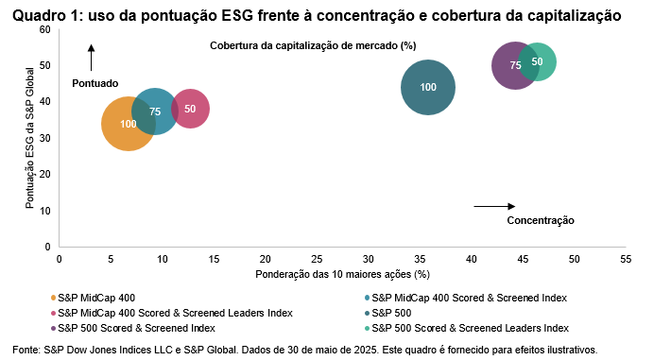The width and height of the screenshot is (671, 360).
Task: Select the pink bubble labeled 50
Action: coord(190,109)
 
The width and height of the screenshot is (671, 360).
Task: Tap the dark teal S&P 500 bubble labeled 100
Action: coord(428,88)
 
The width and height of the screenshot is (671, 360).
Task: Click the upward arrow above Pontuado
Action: coord(92,58)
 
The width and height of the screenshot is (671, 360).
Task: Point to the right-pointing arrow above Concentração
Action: coord(493,206)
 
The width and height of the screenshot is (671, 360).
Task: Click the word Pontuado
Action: coord(95,83)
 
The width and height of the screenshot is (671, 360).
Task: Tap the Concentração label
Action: coord(540,220)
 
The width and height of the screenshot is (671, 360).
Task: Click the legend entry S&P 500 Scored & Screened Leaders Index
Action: coord(470,328)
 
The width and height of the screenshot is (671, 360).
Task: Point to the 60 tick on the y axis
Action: coord(43,30)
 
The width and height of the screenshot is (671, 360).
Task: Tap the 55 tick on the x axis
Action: coord(625,257)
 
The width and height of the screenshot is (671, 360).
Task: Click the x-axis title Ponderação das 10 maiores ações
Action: coord(342,274)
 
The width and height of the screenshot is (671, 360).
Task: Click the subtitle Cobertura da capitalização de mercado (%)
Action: coord(313,45)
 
